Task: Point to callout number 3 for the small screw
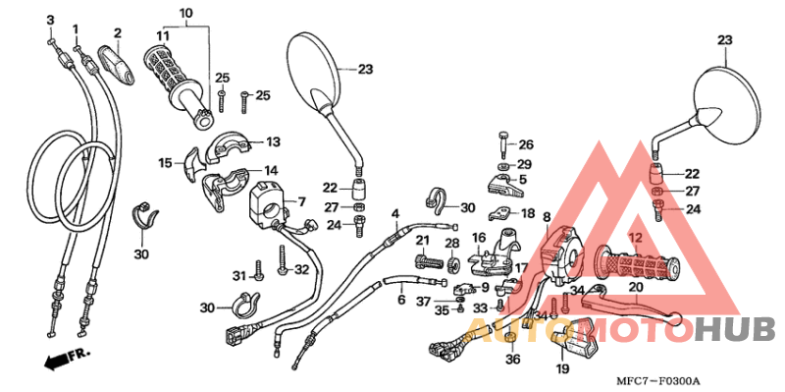50,20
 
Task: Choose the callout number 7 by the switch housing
301,201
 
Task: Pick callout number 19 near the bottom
561,369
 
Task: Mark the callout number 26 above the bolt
526,143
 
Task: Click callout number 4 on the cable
395,213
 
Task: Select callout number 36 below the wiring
510,360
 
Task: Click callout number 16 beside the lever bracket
479,238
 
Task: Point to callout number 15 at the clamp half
165,162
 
